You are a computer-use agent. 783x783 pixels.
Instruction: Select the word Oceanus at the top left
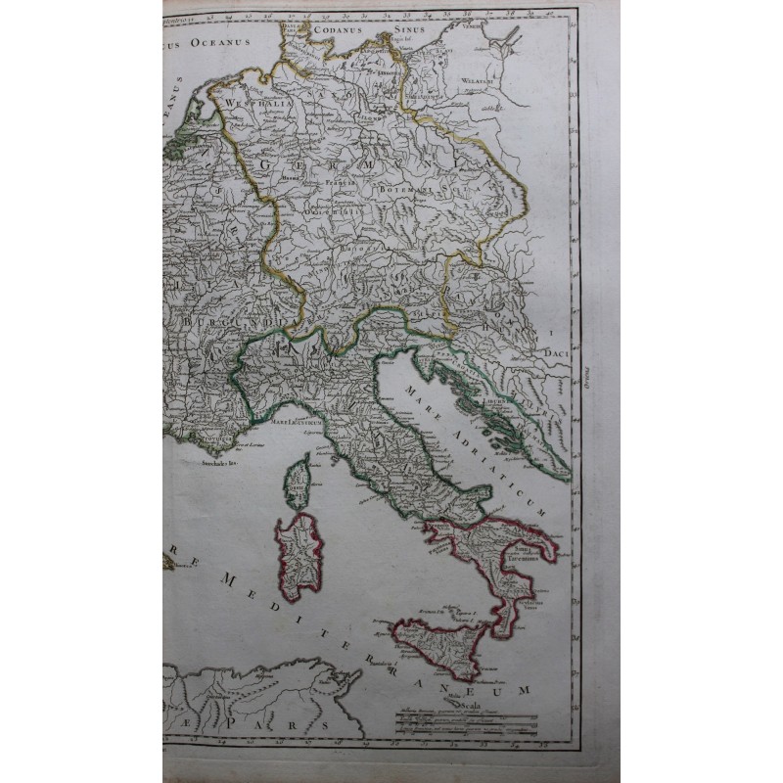click(221, 42)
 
